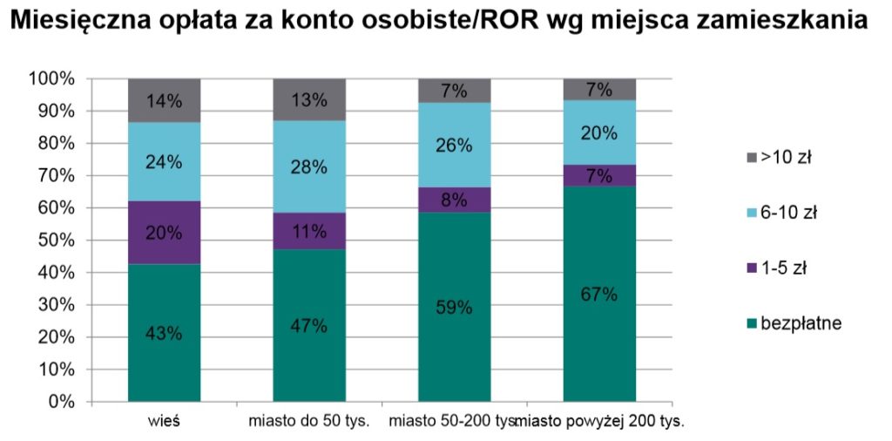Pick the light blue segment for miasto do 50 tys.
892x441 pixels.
pos(309,166)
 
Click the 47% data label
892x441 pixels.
pos(309,326)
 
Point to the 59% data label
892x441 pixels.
pos(454,307)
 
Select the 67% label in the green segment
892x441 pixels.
pos(599,294)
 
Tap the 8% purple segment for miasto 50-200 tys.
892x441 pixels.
pos(454,200)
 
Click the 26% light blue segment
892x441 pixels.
pos(454,146)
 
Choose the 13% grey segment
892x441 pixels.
pos(309,99)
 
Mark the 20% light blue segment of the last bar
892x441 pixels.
pos(599,132)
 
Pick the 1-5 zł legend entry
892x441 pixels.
pos(779,268)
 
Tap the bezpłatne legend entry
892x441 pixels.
pos(792,323)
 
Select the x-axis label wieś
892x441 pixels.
pos(164,422)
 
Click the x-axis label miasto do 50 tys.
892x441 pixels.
pos(309,422)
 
